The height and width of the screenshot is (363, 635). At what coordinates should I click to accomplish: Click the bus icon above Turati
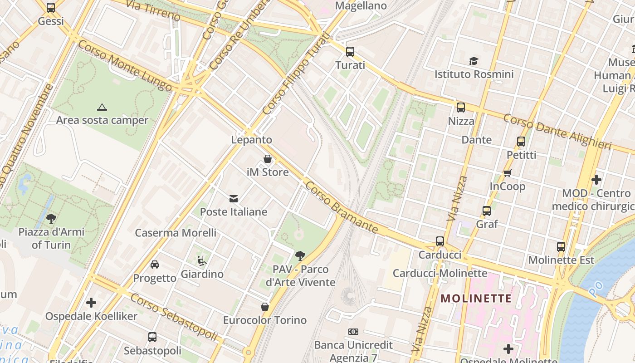350,51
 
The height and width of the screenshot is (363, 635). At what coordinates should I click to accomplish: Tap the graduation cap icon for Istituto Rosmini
474,61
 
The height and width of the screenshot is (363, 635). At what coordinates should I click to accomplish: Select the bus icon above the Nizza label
461,108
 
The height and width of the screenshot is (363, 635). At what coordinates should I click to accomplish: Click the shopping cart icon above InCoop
508,173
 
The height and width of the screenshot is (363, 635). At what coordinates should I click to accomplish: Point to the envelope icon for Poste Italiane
234,198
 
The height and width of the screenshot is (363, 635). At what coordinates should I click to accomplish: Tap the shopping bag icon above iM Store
268,159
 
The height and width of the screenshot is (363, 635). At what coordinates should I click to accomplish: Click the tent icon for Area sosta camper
102,107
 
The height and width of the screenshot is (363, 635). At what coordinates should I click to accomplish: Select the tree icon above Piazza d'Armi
51,219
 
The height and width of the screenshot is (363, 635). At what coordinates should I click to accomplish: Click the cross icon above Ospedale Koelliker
91,303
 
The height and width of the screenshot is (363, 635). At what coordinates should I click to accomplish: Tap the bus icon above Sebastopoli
152,337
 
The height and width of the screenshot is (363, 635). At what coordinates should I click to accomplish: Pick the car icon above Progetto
155,265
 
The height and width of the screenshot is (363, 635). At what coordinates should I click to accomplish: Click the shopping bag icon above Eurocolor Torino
265,307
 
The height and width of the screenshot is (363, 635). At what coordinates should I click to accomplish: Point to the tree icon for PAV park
300,256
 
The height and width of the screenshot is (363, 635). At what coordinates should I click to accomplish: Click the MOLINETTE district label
476,299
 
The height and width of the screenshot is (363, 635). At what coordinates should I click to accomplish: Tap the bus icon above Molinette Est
561,247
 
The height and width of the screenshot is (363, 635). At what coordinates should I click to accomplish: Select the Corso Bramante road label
341,207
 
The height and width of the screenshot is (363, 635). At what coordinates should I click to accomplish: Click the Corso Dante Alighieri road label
557,132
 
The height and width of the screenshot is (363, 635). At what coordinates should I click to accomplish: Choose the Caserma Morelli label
176,233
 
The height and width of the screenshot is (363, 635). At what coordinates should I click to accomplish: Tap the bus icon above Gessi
51,8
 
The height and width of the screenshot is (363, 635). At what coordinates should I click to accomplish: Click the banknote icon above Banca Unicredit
353,332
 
